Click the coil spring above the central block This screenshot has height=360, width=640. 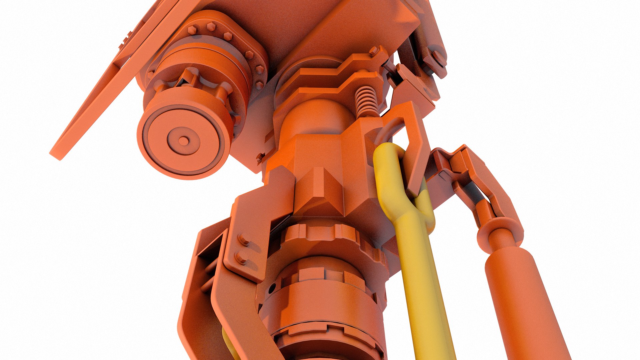pos(366,100)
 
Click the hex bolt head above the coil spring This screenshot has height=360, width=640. pos(374,51)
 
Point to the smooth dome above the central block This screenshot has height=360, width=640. pos(317,117)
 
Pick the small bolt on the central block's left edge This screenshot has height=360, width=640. pos(261,157)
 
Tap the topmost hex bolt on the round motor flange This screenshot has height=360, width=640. pos(211,26)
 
